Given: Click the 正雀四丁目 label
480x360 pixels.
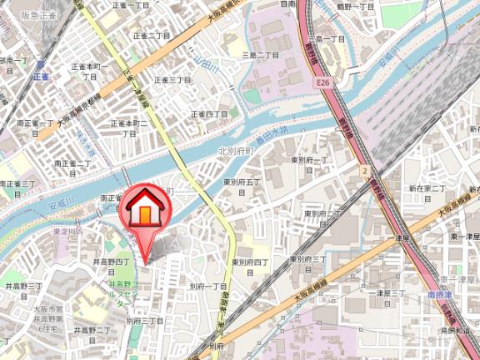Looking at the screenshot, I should point(209,113).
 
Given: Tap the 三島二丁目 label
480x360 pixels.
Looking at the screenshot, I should point(260,55).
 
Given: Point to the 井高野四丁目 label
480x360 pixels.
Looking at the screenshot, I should point(108,266).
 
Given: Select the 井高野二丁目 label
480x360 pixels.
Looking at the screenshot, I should point(93,331).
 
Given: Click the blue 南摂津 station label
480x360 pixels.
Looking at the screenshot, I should point(438,294).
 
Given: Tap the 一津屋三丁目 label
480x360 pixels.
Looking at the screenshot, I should point(387,293).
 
